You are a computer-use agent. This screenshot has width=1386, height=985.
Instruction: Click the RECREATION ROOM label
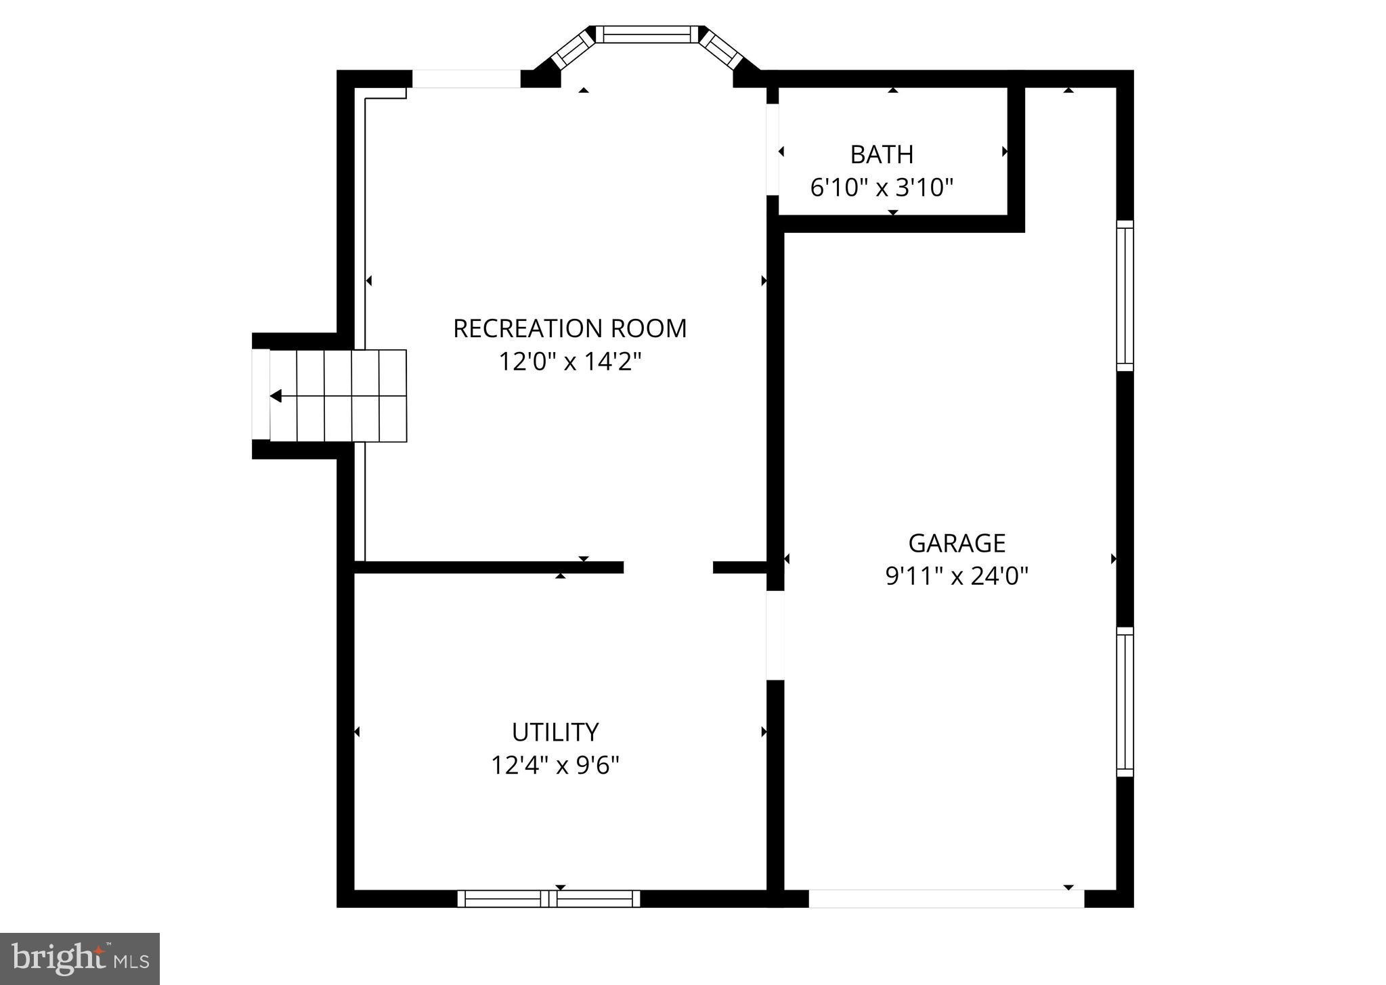click(x=569, y=328)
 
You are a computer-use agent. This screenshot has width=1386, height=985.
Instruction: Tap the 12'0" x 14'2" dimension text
click(x=569, y=362)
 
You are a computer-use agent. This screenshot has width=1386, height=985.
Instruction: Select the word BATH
click(x=882, y=154)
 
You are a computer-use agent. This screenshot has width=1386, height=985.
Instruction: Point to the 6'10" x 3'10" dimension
click(x=882, y=188)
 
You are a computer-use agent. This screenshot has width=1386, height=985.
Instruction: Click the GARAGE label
click(x=956, y=543)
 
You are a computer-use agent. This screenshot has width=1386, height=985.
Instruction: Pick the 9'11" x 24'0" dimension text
click(x=956, y=576)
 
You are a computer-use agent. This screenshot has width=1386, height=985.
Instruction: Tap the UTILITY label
click(x=555, y=732)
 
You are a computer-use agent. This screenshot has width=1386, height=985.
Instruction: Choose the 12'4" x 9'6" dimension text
click(x=555, y=766)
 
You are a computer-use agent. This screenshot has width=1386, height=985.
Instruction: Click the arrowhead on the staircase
click(x=276, y=396)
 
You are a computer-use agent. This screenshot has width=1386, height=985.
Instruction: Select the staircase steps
click(x=339, y=396)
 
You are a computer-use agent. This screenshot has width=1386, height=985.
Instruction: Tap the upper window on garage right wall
click(x=1124, y=296)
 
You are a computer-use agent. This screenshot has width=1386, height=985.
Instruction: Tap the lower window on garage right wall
click(x=1124, y=701)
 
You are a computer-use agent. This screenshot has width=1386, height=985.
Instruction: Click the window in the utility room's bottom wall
click(x=548, y=899)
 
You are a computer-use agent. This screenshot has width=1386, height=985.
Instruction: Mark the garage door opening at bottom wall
click(x=946, y=899)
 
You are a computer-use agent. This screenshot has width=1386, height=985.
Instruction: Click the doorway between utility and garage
click(x=775, y=635)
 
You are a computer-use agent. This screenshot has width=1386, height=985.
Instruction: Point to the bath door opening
click(x=773, y=150)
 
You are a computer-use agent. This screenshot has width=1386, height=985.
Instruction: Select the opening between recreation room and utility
click(x=668, y=567)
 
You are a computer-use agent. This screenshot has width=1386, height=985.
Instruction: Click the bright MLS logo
click(x=80, y=959)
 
